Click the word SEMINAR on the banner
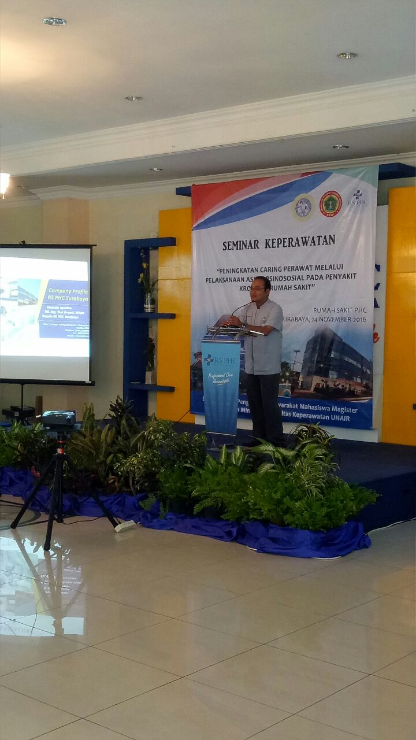click(x=240, y=245)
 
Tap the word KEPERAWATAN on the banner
click(x=300, y=241)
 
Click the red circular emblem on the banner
click(x=330, y=203)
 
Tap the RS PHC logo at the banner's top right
click(x=358, y=198)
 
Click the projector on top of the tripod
click(x=58, y=419)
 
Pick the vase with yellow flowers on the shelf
click(x=149, y=301)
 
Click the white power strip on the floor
click(x=125, y=526)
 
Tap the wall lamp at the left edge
click(x=3, y=183)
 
